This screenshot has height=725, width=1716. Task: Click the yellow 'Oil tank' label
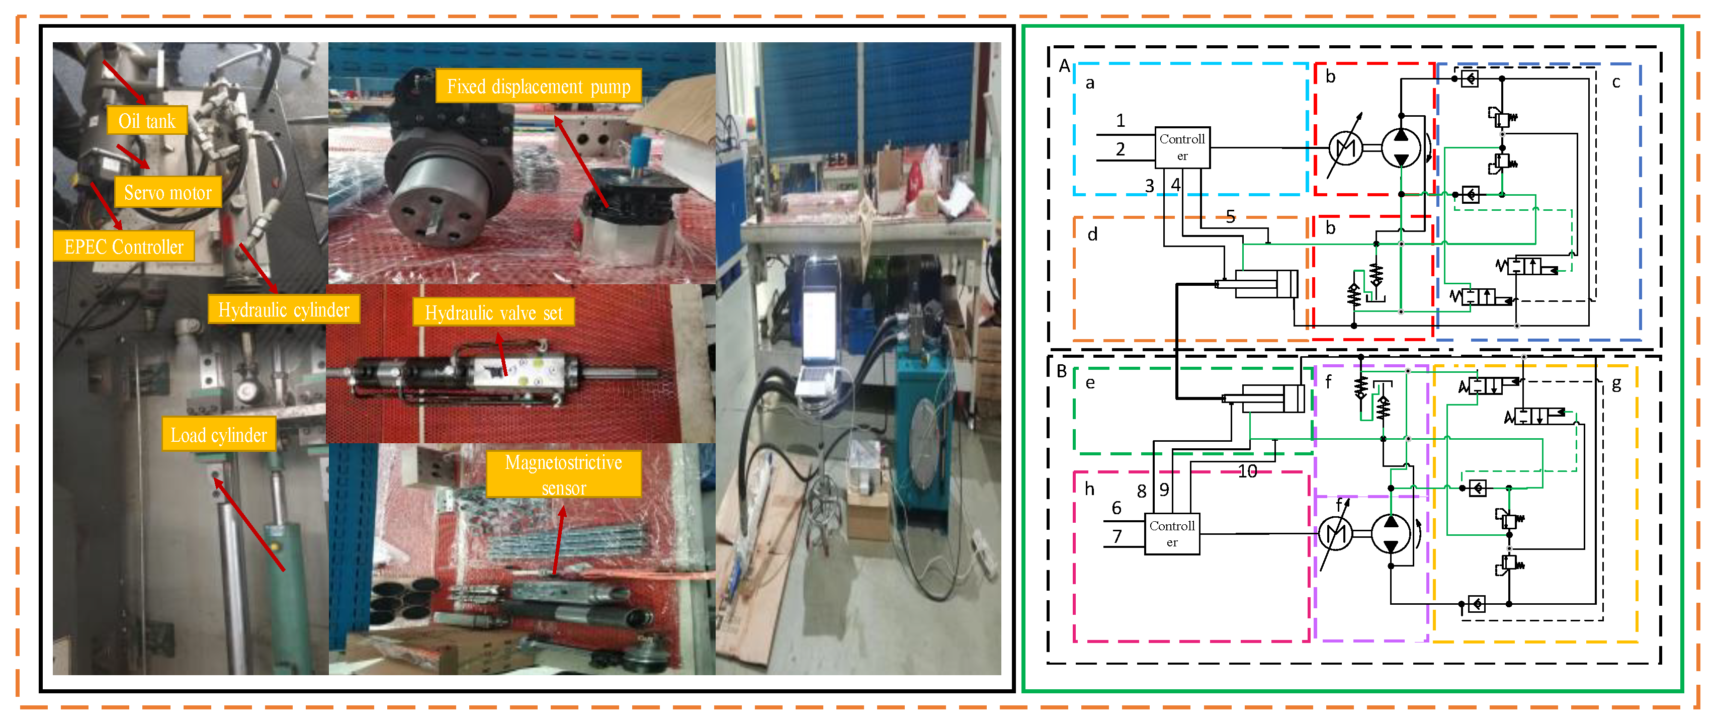[x=146, y=121]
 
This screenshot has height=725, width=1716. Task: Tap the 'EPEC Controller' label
[x=124, y=247]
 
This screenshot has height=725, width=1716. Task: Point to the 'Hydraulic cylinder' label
[x=284, y=310]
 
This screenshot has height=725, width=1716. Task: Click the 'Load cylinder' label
[x=218, y=435]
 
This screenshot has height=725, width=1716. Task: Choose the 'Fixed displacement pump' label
[x=538, y=87]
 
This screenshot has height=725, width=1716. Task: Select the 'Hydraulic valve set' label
[x=493, y=312]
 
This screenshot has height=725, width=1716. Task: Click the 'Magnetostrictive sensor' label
[x=564, y=474]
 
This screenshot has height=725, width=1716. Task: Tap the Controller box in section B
[x=1172, y=534]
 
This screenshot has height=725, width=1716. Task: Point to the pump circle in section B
[x=1390, y=534]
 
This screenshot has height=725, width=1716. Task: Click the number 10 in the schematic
[x=1247, y=472]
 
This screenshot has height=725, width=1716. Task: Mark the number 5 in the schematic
[x=1230, y=216]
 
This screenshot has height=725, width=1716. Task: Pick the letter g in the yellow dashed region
[x=1616, y=384]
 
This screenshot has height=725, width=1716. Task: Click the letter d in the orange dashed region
[x=1092, y=234]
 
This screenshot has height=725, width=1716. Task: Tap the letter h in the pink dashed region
[x=1089, y=489]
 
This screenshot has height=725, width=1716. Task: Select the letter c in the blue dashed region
[x=1616, y=82]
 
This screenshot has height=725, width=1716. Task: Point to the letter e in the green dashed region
[x=1090, y=382]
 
